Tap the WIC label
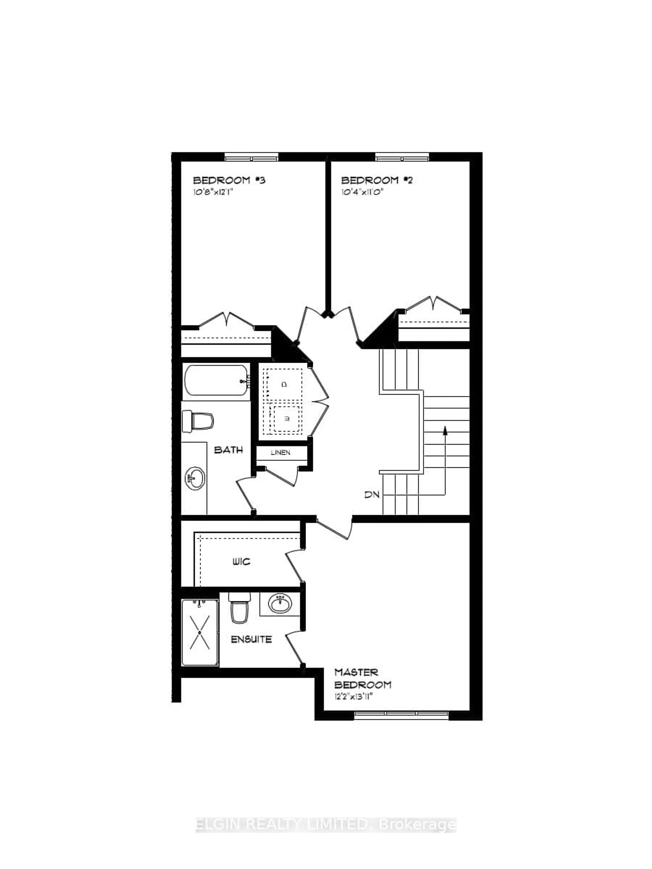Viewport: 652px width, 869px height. [x=241, y=562]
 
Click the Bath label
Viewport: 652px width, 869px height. [x=228, y=450]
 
